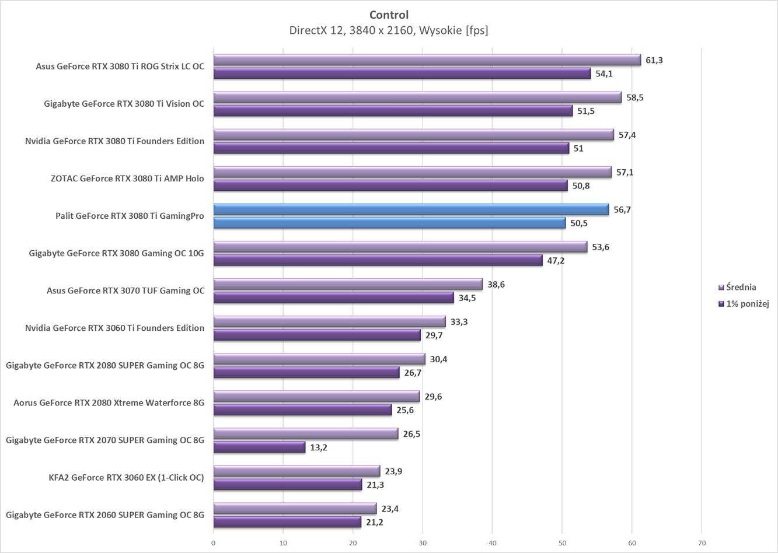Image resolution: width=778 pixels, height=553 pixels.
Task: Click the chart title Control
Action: point(389,15)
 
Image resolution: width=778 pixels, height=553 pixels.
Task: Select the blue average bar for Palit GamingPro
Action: point(411,209)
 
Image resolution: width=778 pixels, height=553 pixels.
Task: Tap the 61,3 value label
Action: point(654,60)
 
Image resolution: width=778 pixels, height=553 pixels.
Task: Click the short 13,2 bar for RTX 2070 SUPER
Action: point(259,447)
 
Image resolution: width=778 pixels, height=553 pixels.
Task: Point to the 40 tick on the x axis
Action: point(492,543)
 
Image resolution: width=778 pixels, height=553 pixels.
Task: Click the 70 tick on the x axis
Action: point(702,543)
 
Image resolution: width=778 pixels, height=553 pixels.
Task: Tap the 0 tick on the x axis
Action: point(213,543)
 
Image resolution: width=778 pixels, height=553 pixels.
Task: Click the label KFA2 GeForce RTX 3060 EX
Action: point(126,477)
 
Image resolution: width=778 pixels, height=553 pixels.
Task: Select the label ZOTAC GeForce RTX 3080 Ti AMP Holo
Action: point(127,178)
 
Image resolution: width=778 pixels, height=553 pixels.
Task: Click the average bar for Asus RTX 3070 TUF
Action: point(348,284)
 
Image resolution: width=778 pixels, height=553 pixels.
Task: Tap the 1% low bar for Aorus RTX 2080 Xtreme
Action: point(302,410)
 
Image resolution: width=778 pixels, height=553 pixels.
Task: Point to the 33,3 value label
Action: point(459,321)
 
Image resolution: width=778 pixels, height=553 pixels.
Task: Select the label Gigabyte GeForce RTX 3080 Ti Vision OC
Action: point(124,104)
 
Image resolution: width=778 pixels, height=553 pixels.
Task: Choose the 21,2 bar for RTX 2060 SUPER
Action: point(287,522)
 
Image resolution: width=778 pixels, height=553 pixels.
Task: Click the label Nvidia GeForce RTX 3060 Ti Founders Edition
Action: point(114,328)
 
